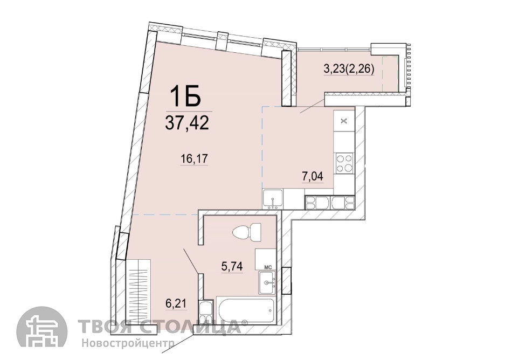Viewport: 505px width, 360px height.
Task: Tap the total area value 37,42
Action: pyautogui.click(x=187, y=123)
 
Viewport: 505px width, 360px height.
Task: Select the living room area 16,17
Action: pyautogui.click(x=194, y=159)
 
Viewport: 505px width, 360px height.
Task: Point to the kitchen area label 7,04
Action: pyautogui.click(x=313, y=176)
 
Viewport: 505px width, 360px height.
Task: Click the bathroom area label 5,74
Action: pyautogui.click(x=232, y=266)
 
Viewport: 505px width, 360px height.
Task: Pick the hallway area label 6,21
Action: pyautogui.click(x=176, y=303)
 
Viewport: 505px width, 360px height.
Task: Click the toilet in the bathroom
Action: pyautogui.click(x=247, y=232)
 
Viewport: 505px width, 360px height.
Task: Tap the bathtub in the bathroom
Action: pyautogui.click(x=246, y=310)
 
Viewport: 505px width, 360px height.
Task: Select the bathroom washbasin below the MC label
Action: pyautogui.click(x=267, y=282)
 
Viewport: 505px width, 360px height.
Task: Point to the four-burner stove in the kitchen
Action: pyautogui.click(x=344, y=163)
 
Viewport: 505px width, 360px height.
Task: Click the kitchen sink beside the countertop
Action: pyautogui.click(x=273, y=199)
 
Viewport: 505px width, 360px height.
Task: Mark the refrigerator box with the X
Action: pyautogui.click(x=344, y=121)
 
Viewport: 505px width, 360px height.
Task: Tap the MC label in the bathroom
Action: pyautogui.click(x=268, y=267)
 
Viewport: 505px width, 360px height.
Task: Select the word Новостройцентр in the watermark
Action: pyautogui.click(x=128, y=343)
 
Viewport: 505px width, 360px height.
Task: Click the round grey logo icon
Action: pyautogui.click(x=42, y=331)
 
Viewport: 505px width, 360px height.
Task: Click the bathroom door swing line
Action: pyautogui.click(x=191, y=261)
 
